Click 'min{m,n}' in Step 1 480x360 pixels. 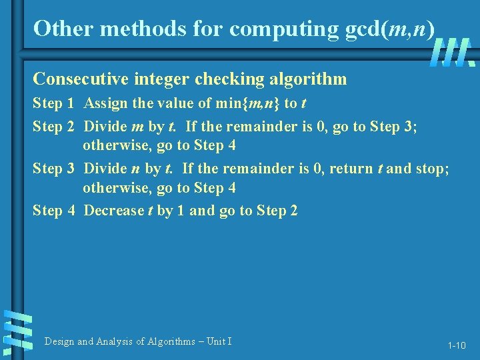click(x=248, y=103)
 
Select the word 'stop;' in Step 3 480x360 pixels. click(x=433, y=168)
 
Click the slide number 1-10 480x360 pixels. click(x=457, y=345)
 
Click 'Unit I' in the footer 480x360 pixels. click(x=219, y=341)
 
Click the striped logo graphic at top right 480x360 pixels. click(x=452, y=52)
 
